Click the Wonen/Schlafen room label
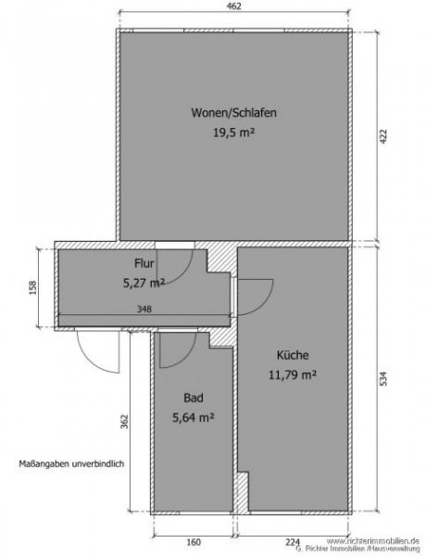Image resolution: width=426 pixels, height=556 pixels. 233,113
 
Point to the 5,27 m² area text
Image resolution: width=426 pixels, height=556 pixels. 144,283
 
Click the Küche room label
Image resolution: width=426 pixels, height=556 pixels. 293,355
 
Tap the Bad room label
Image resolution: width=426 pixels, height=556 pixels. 193,398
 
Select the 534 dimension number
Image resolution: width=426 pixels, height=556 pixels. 382,377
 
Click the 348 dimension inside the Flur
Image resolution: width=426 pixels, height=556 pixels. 144,310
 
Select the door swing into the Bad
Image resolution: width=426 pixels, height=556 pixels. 174,349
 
